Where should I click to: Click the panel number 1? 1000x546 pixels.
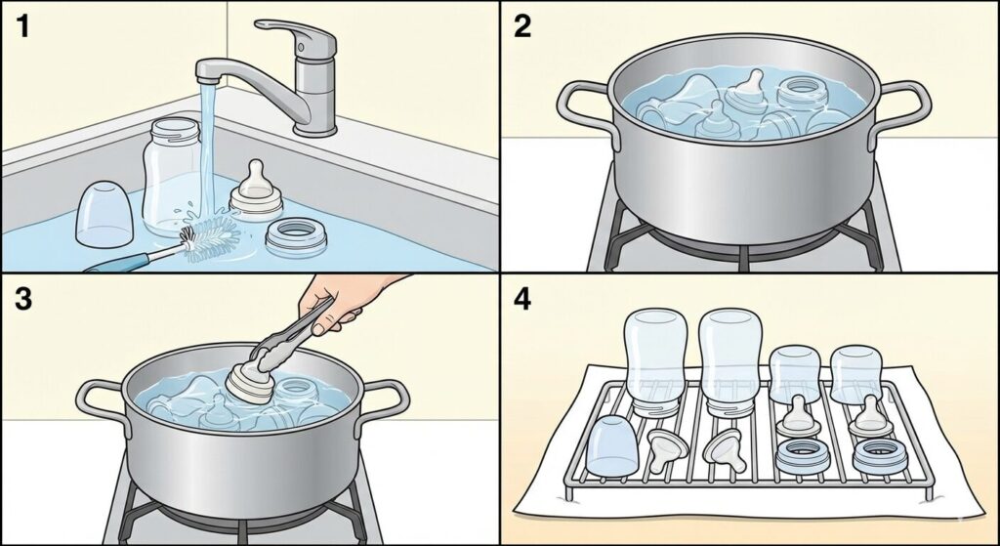click(x=22, y=25)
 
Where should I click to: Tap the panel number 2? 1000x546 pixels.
click(x=521, y=25)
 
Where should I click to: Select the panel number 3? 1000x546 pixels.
click(x=23, y=299)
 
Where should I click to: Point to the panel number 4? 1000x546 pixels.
click(x=522, y=299)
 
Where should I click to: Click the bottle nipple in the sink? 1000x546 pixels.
click(x=256, y=190)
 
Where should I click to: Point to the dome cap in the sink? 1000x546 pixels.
click(x=104, y=214)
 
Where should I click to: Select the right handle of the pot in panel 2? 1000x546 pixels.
click(x=900, y=108)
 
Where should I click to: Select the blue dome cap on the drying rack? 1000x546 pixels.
click(x=611, y=445)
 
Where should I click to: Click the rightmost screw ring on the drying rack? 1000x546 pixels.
click(x=880, y=456)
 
